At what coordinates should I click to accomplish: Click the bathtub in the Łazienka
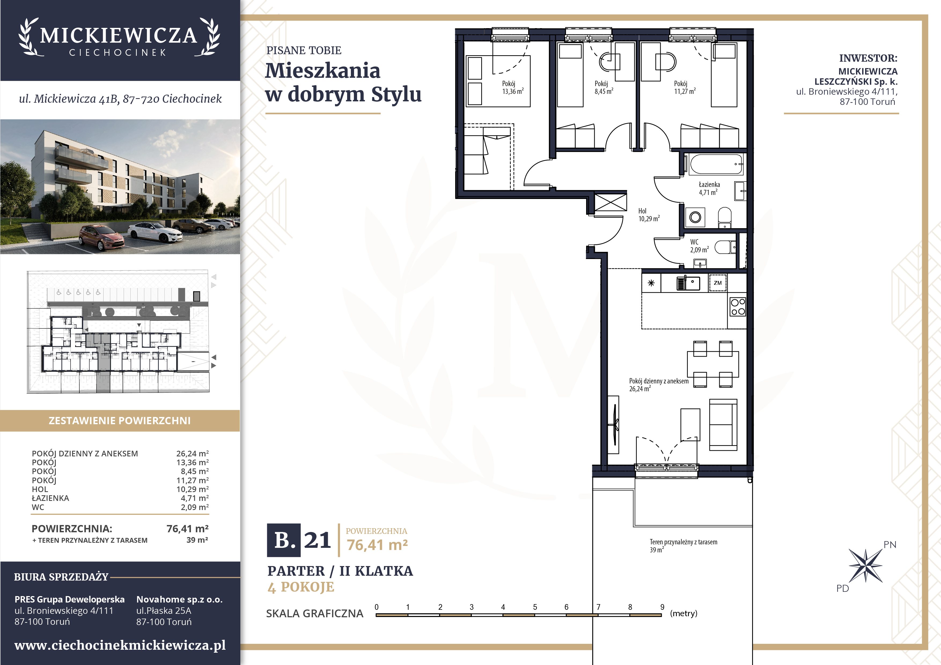click(716, 165)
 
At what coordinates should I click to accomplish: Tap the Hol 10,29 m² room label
click(649, 215)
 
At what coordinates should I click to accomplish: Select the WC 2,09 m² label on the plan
click(699, 246)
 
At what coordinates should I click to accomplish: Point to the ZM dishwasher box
click(718, 283)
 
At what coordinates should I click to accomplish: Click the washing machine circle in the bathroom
click(695, 217)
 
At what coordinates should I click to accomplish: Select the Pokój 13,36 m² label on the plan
click(513, 87)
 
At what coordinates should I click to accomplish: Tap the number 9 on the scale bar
click(662, 607)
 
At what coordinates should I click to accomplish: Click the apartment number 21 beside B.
click(317, 540)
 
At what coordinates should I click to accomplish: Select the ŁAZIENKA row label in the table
click(50, 498)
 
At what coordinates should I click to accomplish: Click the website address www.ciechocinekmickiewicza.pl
click(120, 645)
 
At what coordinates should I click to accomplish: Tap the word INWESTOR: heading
click(868, 58)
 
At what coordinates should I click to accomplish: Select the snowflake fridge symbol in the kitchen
click(651, 283)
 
